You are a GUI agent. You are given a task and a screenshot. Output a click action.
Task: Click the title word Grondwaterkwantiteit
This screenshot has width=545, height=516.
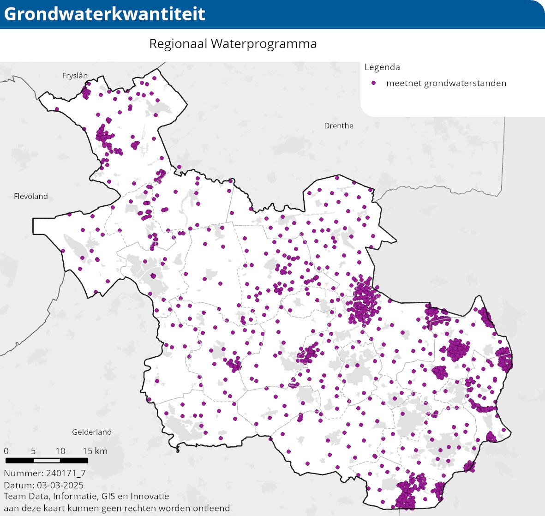click(104, 14)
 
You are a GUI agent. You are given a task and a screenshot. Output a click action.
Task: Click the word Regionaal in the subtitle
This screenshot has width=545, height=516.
click(178, 44)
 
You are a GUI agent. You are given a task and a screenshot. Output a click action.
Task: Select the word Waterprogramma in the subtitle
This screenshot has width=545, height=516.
click(264, 44)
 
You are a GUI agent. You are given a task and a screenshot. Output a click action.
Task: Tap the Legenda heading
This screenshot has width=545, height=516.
click(382, 67)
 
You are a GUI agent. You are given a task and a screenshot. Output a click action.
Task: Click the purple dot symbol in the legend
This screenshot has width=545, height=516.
click(374, 83)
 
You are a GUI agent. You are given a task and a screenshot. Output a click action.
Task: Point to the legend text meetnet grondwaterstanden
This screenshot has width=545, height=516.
click(446, 84)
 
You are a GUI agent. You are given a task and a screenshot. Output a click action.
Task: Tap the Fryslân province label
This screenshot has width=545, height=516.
click(75, 76)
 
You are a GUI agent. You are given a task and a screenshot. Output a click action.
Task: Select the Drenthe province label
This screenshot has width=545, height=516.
click(339, 126)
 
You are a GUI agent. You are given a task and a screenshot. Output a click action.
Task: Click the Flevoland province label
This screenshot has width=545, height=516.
click(31, 196)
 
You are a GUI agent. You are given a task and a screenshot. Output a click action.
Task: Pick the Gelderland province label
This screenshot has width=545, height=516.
click(92, 432)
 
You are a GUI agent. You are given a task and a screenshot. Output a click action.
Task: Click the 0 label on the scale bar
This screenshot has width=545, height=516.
click(6, 451)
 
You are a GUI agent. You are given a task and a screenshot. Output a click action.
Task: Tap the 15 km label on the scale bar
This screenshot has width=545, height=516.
click(95, 451)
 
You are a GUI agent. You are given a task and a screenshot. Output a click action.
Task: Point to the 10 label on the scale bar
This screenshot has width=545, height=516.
click(60, 451)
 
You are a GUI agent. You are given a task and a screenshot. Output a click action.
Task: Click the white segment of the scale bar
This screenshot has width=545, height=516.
click(47, 461)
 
